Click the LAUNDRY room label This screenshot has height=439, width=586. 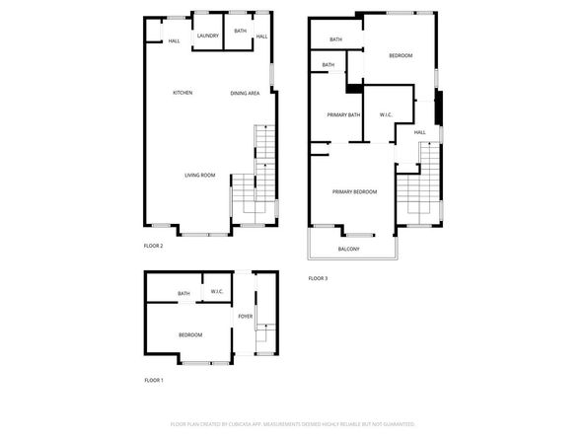click(207, 37)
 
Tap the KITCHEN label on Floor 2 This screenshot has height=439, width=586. click(183, 93)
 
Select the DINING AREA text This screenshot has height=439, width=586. click(245, 93)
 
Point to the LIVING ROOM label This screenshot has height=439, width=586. click(199, 176)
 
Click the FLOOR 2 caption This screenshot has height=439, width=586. click(154, 246)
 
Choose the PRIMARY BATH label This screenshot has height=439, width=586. click(343, 115)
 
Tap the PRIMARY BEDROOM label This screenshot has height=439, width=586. click(354, 191)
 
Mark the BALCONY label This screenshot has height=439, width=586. click(348, 249)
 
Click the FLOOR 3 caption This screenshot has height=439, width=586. click(318, 279)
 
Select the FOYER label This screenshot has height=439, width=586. click(245, 317)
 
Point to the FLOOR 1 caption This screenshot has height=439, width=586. click(154, 380)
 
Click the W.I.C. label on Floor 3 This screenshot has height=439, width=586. click(386, 115)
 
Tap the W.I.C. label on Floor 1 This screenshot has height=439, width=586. click(216, 293)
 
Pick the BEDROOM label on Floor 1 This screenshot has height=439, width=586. click(190, 335)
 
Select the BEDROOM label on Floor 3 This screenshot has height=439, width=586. click(400, 55)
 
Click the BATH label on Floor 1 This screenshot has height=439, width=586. click(183, 293)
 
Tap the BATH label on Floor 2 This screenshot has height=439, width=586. click(241, 31)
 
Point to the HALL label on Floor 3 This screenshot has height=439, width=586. click(419, 132)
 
